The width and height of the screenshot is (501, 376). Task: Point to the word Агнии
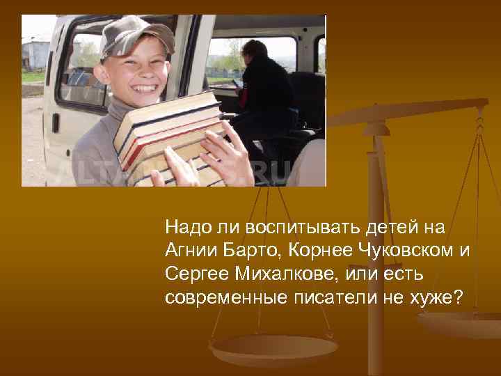(x=188, y=251)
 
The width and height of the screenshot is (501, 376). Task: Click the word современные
(x=220, y=298)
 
